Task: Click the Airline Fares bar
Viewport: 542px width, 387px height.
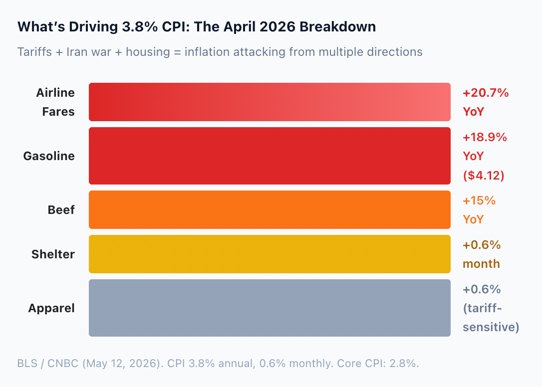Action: coord(270,102)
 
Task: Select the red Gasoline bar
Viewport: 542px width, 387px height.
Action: coord(270,156)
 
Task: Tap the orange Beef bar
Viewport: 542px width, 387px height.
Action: coord(270,210)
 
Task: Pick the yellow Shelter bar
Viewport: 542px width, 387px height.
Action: coord(270,254)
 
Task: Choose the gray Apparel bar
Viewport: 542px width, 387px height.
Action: coord(270,308)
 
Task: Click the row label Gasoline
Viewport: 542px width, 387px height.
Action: coord(49,156)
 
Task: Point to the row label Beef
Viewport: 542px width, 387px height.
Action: coord(61,210)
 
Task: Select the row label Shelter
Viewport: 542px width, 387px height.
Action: coord(53,254)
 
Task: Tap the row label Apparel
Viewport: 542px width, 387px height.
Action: coord(51,308)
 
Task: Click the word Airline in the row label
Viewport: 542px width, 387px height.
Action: coord(55,93)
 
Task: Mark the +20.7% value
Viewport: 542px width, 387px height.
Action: coord(486,93)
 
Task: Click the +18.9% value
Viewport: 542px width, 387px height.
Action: coord(485,137)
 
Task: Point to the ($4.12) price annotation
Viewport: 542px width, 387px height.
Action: coord(484,175)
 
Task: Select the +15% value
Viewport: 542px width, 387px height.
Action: coord(479,200)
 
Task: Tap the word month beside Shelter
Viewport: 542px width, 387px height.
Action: coord(481,264)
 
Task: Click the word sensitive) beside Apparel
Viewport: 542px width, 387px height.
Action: coord(491,327)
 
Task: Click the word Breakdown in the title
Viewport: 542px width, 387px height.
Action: coord(338,26)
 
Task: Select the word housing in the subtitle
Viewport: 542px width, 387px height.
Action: coord(148,52)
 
